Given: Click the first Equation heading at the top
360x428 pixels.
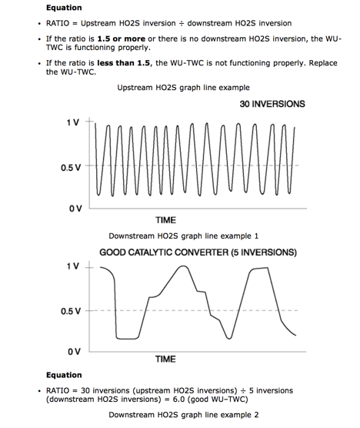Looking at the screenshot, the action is pyautogui.click(x=64, y=8).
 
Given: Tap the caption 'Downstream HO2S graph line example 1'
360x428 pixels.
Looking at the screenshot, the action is pyautogui.click(x=183, y=236).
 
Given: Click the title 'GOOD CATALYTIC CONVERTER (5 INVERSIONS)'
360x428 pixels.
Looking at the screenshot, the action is pyautogui.click(x=187, y=252).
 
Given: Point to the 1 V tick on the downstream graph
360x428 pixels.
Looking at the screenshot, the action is pyautogui.click(x=73, y=266).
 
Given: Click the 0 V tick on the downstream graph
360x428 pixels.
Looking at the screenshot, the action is pyautogui.click(x=73, y=351).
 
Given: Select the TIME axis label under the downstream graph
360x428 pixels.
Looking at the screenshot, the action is pyautogui.click(x=165, y=359).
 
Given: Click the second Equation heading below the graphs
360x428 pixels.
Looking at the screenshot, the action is pyautogui.click(x=64, y=376).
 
